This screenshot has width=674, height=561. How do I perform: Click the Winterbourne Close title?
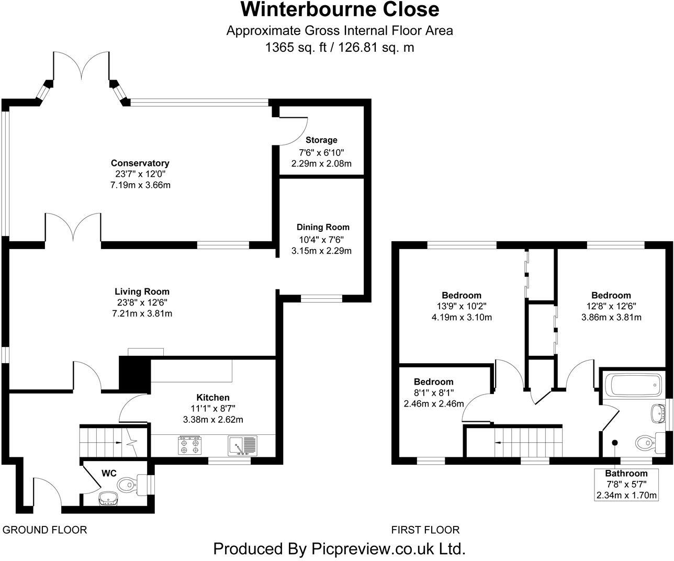pos(340,9)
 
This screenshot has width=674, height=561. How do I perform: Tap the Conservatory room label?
pos(140,163)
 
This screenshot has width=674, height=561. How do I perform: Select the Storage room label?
pos(321,140)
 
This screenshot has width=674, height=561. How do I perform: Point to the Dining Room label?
pos(323,227)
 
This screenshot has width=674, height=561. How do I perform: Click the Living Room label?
pos(142,291)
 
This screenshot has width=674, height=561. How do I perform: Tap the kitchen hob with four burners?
pos(189,445)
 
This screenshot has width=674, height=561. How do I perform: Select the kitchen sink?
pos(242,445)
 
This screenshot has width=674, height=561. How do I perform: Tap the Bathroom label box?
pos(626,484)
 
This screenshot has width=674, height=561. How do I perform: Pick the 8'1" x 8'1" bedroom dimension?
pos(434,392)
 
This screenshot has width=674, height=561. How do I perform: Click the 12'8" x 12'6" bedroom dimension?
pos(611,306)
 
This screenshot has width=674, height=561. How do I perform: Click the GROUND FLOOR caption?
pos(45,530)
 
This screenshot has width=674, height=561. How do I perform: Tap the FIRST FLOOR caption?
pos(425,530)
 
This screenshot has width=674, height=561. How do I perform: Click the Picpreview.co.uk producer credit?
pos(340,549)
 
